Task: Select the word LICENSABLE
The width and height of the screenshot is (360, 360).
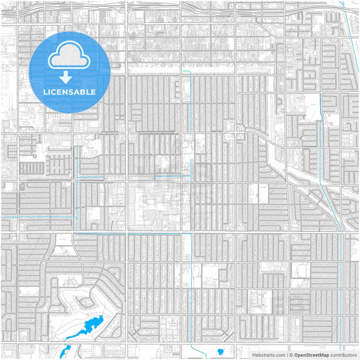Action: [70, 92]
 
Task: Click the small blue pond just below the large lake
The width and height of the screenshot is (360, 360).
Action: [66, 351]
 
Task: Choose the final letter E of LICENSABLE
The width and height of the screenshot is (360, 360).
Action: [93, 92]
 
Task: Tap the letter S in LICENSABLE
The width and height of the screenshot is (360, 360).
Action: [69, 92]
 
